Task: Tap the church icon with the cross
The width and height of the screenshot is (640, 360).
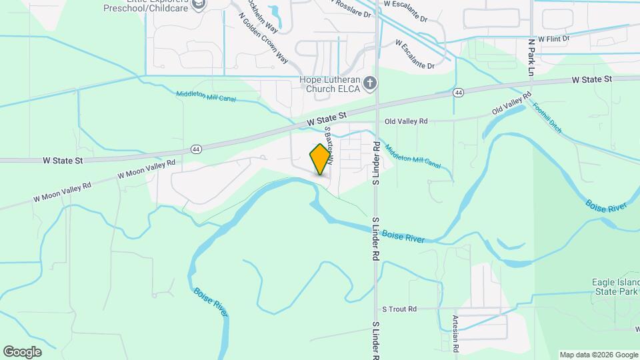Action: (371, 84)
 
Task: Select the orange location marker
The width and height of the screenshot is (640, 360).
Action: (321, 159)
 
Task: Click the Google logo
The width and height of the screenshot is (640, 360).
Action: (22, 351)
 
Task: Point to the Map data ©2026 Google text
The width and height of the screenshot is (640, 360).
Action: (598, 355)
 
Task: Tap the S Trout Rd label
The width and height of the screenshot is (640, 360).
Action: (399, 309)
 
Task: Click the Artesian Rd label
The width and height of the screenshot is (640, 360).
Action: (456, 333)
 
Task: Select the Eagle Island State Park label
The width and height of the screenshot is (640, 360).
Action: (615, 287)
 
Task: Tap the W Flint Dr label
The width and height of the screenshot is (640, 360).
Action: (554, 39)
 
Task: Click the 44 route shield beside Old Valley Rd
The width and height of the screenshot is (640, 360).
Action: (458, 92)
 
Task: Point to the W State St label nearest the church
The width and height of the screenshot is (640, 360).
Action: (327, 120)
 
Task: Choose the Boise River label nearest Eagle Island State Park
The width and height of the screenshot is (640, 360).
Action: (606, 205)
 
